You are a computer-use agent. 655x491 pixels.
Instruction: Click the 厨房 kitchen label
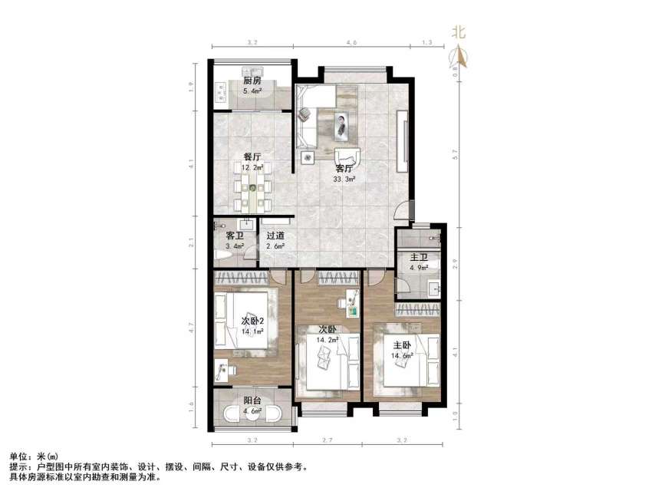tap(252, 81)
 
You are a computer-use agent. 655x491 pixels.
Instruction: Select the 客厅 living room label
tap(344, 168)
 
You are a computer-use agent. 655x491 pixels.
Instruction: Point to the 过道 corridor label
tap(275, 236)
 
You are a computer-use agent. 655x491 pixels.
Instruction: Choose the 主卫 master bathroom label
tap(417, 258)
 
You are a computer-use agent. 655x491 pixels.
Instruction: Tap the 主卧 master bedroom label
tap(403, 346)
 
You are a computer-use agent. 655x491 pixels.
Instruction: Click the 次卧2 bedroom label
tap(252, 321)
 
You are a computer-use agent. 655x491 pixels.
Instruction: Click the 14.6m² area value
tap(403, 356)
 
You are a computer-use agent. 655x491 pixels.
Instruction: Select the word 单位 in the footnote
tap(16, 456)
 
